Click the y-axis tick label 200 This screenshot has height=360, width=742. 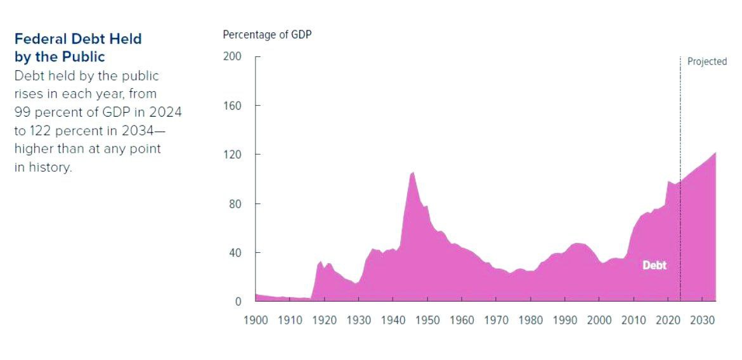tap(232, 56)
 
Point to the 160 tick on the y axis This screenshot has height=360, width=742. tap(232, 105)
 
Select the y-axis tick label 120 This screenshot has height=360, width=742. tap(232, 155)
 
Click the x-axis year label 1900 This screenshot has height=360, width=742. tap(256, 319)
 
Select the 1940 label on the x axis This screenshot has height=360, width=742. tap(393, 319)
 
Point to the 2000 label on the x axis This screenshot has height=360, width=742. tap(599, 319)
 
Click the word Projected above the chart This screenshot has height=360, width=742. tap(706, 61)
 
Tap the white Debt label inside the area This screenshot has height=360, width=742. tap(654, 266)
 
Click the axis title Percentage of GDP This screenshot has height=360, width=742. tap(267, 34)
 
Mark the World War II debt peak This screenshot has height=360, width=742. tap(412, 172)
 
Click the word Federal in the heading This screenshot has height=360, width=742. tap(37, 39)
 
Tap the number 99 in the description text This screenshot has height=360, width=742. tap(22, 112)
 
